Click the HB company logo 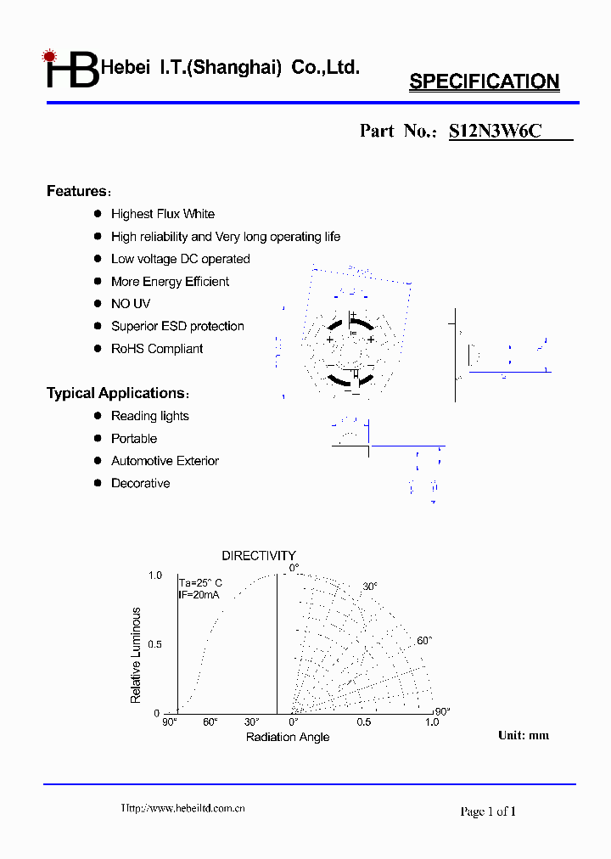[71, 70]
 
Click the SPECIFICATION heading [484, 81]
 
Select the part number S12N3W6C [495, 131]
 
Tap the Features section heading [77, 191]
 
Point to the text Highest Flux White [163, 214]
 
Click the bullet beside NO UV [98, 303]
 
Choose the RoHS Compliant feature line [157, 349]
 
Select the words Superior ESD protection [177, 326]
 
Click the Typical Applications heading [115, 393]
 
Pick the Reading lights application [150, 416]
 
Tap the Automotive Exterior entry [165, 461]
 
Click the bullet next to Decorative [98, 483]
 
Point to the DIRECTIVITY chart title [259, 556]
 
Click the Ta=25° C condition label [200, 582]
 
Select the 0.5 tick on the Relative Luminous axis [154, 644]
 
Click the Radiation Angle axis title [288, 737]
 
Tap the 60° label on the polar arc [424, 640]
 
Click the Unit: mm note [524, 735]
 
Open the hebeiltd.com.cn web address [183, 808]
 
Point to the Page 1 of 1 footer [488, 811]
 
